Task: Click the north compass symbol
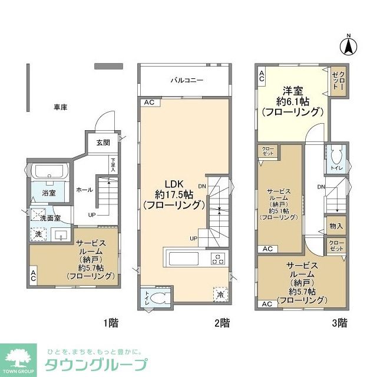[x=348, y=44]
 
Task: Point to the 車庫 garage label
[x=60, y=107]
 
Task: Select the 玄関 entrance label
[x=103, y=143]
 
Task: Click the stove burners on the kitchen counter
[x=217, y=258]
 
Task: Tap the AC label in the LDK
[x=148, y=102]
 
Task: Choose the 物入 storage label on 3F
[x=336, y=226]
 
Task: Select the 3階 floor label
[x=338, y=322]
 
